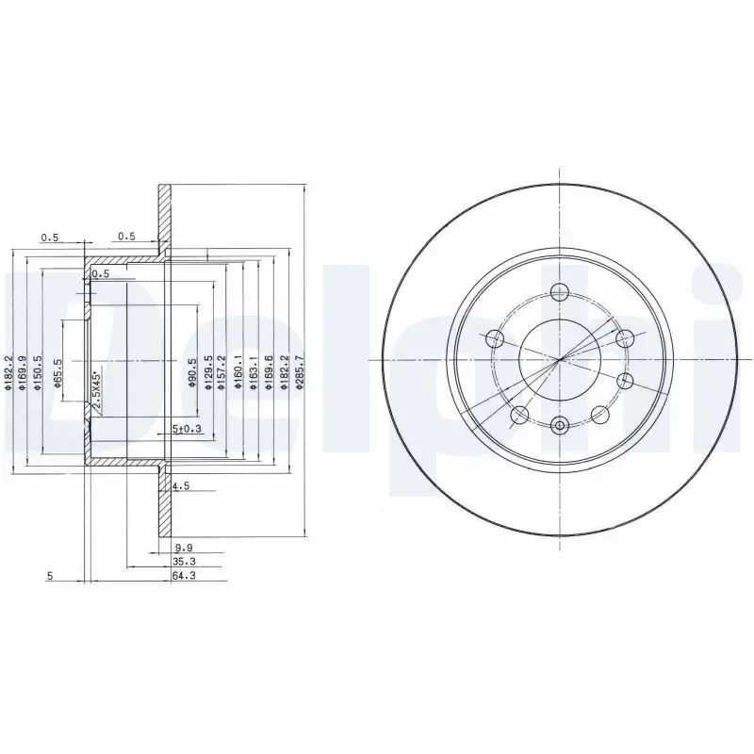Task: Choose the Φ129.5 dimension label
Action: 207,371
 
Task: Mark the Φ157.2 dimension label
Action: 222,371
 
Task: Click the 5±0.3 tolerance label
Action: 187,430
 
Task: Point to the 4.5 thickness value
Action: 181,487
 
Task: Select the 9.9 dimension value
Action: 183,548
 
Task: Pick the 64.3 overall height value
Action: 185,576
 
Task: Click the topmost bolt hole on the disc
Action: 560,291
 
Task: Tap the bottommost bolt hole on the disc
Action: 560,426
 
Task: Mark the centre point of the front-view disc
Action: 560,359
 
